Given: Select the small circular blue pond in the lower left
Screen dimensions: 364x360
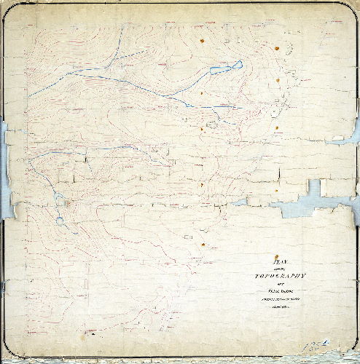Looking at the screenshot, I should pyautogui.click(x=59, y=219).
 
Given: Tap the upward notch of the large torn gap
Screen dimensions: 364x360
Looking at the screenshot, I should pyautogui.click(x=314, y=186).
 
